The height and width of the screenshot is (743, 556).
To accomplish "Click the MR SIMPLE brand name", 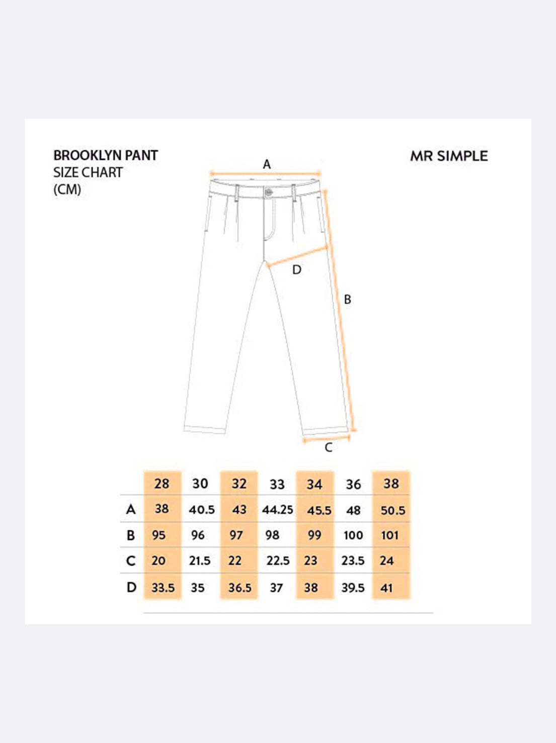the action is click(449, 156).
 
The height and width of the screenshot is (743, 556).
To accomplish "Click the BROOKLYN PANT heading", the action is click(106, 155).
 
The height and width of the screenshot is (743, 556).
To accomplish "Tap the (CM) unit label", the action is click(67, 190).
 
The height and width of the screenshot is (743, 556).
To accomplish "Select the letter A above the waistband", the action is click(267, 164).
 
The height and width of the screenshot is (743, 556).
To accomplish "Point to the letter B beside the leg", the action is click(347, 299).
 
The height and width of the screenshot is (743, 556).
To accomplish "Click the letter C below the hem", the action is click(328, 447).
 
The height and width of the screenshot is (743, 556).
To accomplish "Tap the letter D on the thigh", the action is click(297, 270).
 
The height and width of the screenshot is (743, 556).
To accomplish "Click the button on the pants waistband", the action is click(269, 192).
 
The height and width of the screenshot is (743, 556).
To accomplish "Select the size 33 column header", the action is click(277, 485).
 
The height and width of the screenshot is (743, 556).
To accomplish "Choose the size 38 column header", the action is click(391, 484).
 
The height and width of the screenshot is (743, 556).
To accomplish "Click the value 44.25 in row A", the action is click(277, 509).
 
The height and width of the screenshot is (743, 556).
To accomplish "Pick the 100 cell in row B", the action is click(353, 535).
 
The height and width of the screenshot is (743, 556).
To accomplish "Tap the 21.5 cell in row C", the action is click(200, 561).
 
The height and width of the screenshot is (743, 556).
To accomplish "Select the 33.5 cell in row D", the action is click(163, 588).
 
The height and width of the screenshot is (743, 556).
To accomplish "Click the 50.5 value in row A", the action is click(392, 510).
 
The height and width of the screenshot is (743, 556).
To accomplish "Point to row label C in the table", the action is click(131, 561).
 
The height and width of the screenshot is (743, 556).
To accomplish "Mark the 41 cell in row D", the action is click(386, 588).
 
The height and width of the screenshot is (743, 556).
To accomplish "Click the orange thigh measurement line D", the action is click(297, 256).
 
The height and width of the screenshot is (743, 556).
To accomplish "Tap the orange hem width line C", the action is click(326, 439).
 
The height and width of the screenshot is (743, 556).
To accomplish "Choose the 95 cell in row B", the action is click(158, 535).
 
